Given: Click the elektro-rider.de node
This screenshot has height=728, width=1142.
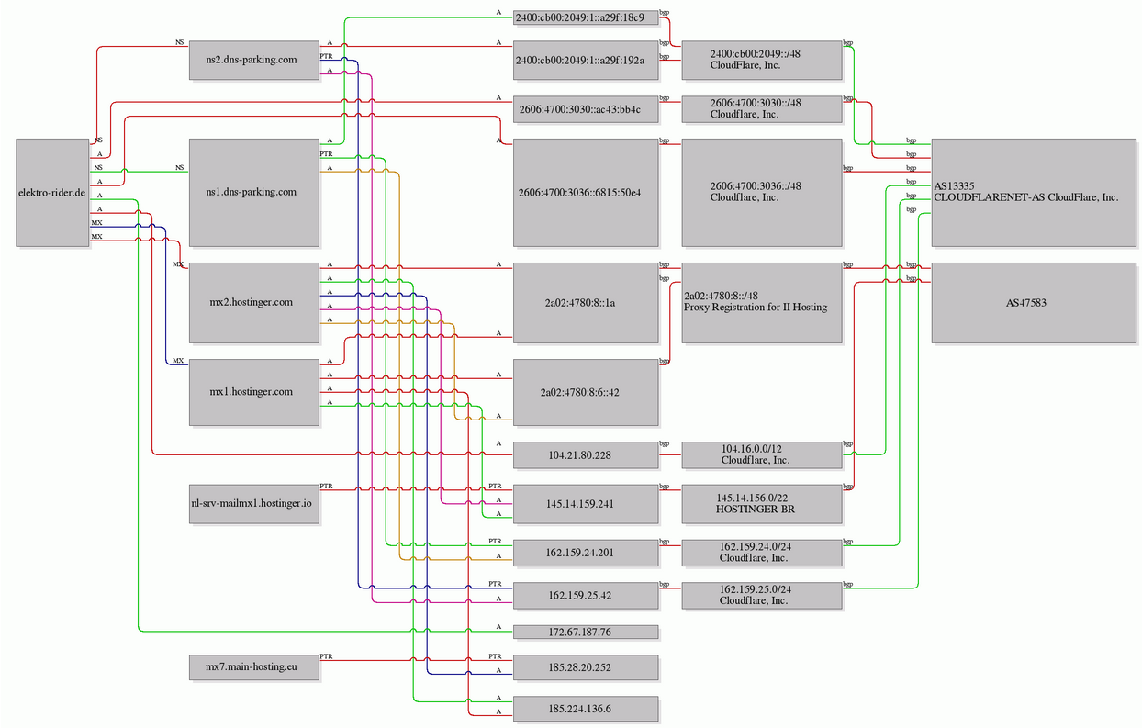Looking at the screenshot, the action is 52,193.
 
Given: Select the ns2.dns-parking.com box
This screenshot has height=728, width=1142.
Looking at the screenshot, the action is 254,61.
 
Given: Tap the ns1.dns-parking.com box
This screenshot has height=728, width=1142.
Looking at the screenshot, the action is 254,193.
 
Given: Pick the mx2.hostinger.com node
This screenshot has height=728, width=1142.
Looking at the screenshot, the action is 254,303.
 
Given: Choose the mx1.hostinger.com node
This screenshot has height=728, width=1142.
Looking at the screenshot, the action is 254,392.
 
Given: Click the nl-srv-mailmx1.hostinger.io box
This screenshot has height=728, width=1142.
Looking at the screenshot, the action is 254,504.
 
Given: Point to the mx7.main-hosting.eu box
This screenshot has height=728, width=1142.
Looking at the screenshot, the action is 254,667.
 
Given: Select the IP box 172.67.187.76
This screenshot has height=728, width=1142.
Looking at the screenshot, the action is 586,633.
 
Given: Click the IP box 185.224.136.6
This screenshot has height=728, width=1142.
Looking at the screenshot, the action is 586,709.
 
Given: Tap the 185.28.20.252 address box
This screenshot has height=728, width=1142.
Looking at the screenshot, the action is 586,667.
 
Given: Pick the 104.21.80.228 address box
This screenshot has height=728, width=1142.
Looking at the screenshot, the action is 586,454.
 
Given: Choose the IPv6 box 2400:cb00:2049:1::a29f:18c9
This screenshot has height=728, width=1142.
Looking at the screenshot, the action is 586,17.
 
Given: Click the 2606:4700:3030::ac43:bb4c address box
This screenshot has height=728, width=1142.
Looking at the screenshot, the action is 586,109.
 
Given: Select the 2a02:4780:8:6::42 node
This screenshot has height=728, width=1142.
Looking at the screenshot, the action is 586,392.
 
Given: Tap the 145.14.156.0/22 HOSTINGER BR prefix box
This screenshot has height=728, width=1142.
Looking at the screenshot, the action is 762,504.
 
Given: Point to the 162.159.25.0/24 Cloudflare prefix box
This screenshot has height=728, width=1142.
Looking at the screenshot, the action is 762,595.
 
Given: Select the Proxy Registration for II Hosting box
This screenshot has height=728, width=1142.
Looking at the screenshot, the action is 762,303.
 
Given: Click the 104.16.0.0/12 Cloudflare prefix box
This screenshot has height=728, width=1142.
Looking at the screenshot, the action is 762,454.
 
